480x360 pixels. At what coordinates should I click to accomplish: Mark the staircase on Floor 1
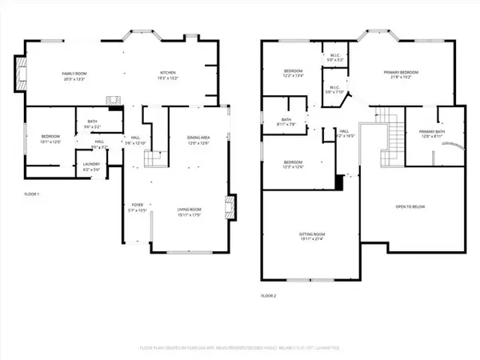154,158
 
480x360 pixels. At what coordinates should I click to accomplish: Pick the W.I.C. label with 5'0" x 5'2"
334,58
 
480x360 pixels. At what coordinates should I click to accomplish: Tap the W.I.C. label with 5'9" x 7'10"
334,89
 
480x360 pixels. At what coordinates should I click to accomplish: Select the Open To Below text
411,206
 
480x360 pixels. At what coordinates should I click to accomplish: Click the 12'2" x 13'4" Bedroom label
293,74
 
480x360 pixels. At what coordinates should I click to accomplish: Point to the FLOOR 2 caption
267,296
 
